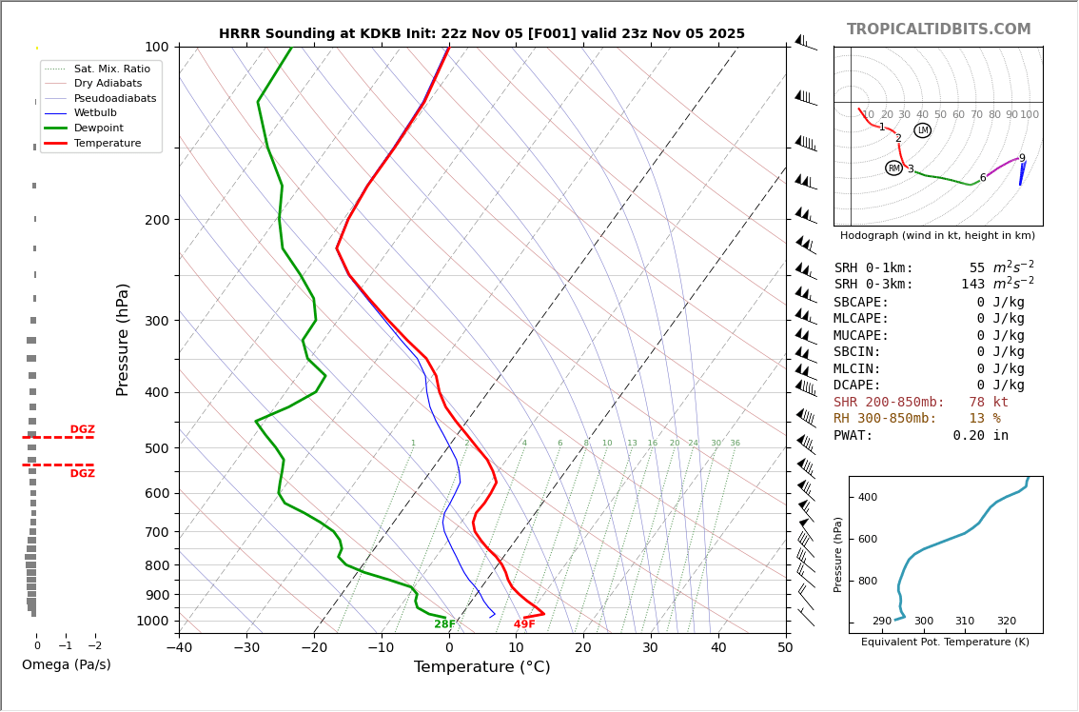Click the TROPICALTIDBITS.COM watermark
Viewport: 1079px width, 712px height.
pos(938,30)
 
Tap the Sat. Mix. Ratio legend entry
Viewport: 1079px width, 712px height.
pos(111,69)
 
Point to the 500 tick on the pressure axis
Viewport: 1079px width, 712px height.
pos(156,448)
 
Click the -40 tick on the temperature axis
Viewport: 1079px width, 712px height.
pos(179,647)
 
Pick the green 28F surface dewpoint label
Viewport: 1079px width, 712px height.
pos(444,624)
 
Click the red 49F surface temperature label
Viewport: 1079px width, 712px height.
pos(524,624)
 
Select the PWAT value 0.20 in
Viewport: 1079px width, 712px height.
pos(980,436)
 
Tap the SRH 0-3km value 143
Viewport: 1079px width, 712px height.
pos(972,285)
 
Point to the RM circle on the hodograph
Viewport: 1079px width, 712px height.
pos(893,168)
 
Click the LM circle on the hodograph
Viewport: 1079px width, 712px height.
pos(922,130)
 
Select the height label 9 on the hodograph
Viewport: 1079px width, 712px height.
pos(1022,159)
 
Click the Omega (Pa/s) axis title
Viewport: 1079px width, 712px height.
pos(66,665)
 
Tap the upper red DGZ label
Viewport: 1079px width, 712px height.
pos(82,429)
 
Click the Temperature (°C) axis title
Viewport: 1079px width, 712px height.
pos(481,667)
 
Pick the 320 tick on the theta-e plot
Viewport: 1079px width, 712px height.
pos(1006,622)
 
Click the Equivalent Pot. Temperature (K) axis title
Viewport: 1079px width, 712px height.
pos(945,643)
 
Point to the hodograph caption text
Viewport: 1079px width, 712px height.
pos(937,236)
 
